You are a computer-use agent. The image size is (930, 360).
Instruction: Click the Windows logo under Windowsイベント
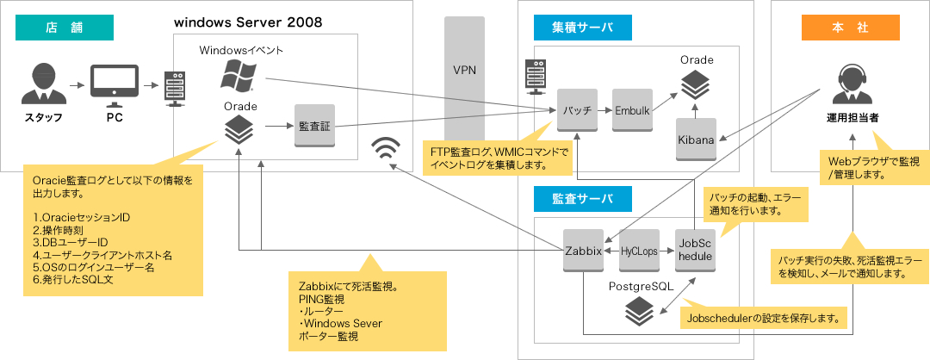point(238,77)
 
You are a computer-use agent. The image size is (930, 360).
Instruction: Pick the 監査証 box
point(313,126)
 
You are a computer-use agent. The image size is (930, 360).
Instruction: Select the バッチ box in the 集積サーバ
point(577,110)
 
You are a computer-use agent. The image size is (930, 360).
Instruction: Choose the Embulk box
point(631,110)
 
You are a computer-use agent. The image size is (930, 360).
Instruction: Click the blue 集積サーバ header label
point(583,27)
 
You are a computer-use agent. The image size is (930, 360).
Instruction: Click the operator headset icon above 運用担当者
point(851,84)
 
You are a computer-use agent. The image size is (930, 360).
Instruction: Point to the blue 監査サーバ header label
point(583,199)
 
